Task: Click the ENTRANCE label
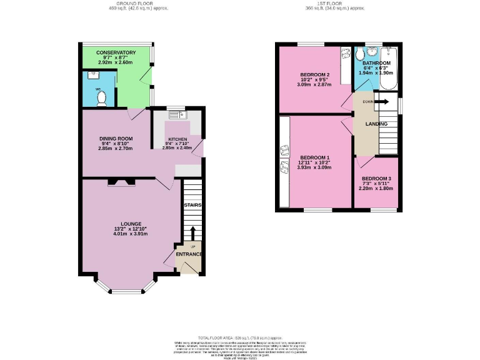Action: (x=189, y=254)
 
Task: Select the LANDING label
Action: (x=376, y=124)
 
